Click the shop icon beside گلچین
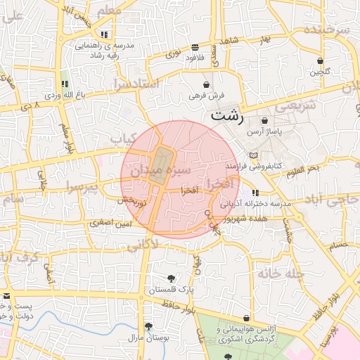point(321,60)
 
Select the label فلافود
point(194,57)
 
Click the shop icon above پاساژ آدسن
point(264,121)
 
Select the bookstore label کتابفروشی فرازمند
point(254,166)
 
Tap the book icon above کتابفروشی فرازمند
point(254,155)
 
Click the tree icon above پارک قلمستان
point(171,278)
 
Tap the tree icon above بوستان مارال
point(148,326)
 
